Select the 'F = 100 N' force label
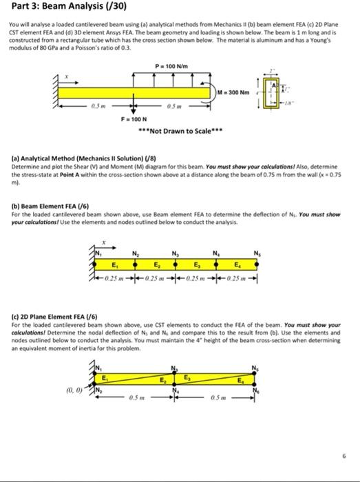133,120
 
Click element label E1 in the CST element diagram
105,377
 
